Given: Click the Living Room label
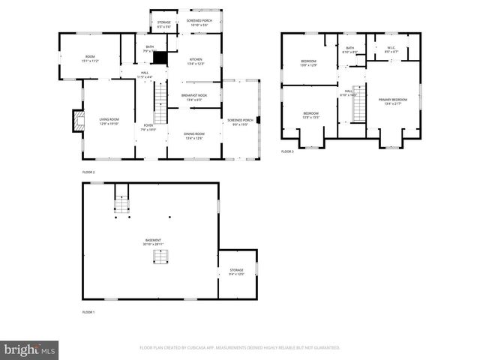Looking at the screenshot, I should point(109,121).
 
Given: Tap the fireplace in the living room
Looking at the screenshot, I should point(78,121).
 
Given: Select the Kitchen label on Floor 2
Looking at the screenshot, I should point(195,61).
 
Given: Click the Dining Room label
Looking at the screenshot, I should point(195,135).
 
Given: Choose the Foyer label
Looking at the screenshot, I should point(148,127).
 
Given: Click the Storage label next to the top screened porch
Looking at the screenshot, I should point(163,24).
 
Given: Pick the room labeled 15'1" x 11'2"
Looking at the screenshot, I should point(90,59).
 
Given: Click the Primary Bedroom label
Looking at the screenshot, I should point(393,101).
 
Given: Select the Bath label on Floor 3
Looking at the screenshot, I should point(349,49).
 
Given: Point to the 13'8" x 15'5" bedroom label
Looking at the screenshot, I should point(310,115).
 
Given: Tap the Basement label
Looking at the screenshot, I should point(153,241).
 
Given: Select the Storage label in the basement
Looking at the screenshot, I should point(237,271).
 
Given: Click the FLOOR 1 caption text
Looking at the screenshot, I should point(88,311).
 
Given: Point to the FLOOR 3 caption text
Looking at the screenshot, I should point(287,151).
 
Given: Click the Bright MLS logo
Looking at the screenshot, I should point(30,349).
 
